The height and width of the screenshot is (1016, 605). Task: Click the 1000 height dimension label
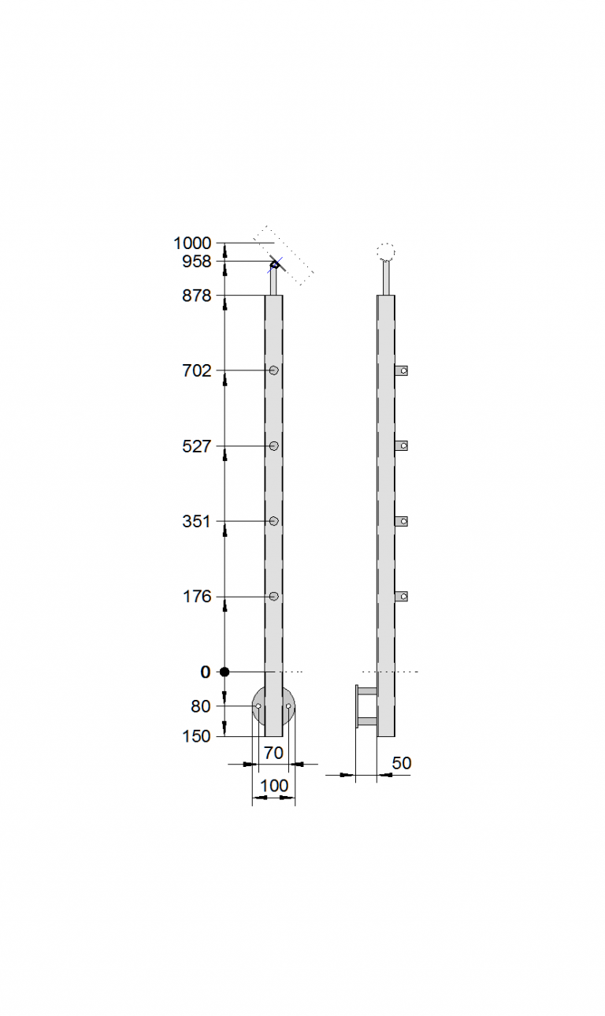pos(192,244)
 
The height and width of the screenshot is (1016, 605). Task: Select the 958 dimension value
pos(197,262)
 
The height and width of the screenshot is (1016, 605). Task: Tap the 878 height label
pos(197,296)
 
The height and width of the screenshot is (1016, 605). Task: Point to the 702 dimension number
pos(197,371)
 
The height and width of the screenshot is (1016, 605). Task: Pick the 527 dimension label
pos(197,447)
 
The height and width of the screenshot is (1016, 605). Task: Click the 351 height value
pos(197,522)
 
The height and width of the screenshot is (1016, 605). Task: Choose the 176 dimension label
pos(197,597)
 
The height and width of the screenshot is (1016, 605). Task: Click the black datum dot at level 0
pos(225,672)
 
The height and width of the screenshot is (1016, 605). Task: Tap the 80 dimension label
pos(201,706)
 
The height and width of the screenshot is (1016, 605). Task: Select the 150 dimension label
pos(197,736)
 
